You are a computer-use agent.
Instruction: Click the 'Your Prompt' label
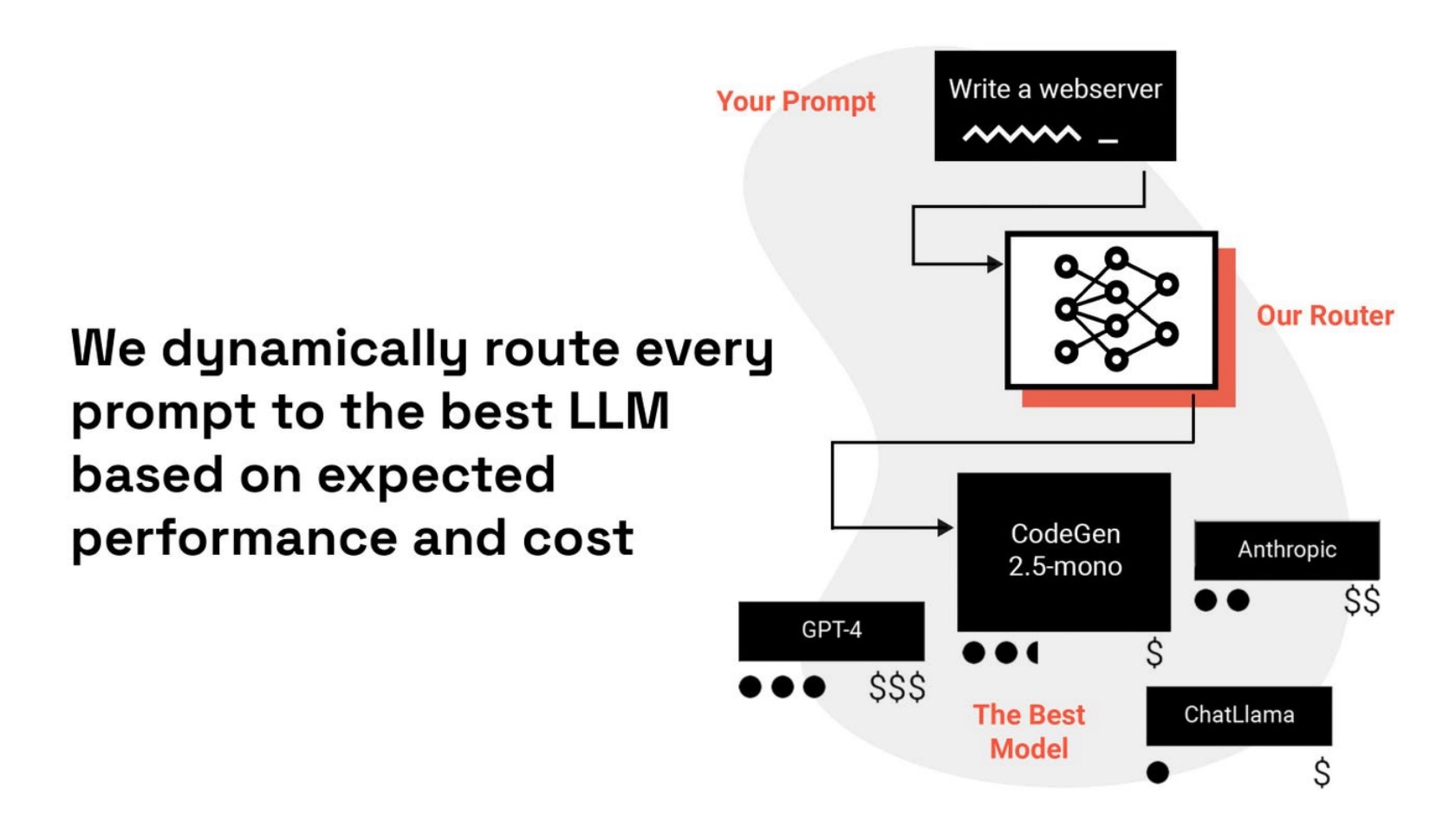coord(795,101)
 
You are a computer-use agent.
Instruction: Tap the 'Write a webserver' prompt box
coord(1054,105)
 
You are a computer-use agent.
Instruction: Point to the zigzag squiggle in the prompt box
coord(1022,134)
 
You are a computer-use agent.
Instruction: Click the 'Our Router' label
coord(1324,316)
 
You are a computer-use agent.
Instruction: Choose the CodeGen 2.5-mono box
coord(1063,550)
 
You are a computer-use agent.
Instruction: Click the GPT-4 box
coord(830,630)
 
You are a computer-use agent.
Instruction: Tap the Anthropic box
coord(1286,550)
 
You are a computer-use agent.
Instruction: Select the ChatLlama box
coord(1238,715)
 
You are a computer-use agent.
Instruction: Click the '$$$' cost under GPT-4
coord(897,687)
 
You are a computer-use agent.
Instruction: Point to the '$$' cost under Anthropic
coord(1361,600)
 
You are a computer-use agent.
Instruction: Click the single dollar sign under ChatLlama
coord(1322,771)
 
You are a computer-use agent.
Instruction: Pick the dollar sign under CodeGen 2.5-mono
coord(1154,653)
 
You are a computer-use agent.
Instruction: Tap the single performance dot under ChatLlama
coord(1157,771)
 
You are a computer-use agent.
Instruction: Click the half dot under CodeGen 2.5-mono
coord(1032,653)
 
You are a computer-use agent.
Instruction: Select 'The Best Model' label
coord(1029,732)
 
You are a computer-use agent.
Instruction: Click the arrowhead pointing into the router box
coord(995,264)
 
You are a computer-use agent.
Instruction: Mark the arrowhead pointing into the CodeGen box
coord(946,527)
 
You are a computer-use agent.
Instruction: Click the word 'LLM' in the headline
coord(619,411)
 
